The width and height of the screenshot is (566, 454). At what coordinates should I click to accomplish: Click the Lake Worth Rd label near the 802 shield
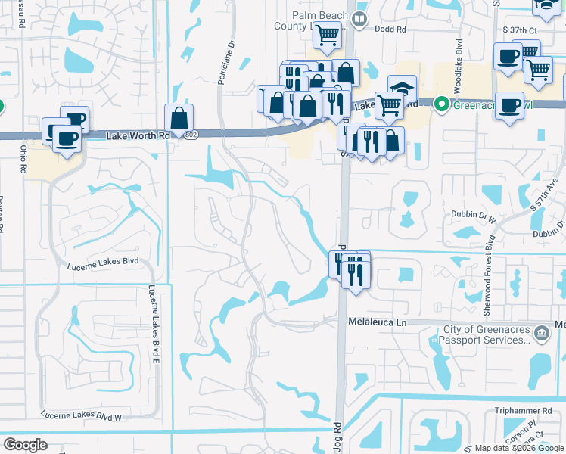(138, 135)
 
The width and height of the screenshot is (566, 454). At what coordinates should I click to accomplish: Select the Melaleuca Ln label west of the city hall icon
(378, 322)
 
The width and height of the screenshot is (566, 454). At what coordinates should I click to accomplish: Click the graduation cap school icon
(403, 88)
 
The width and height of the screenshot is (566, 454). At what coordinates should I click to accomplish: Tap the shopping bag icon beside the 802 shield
(179, 117)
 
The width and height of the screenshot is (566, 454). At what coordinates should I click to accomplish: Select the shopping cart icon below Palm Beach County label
(326, 33)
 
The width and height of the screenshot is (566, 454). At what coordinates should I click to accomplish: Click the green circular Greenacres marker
(442, 106)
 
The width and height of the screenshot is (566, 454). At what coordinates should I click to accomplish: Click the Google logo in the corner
(26, 445)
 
